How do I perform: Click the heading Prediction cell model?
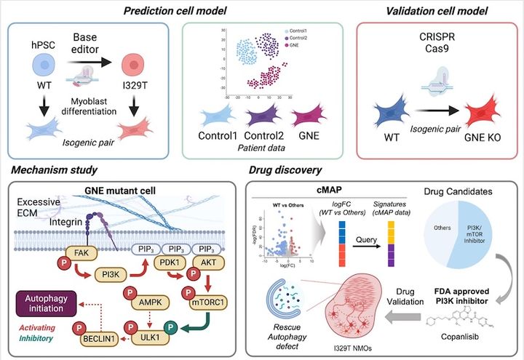[164, 11]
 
